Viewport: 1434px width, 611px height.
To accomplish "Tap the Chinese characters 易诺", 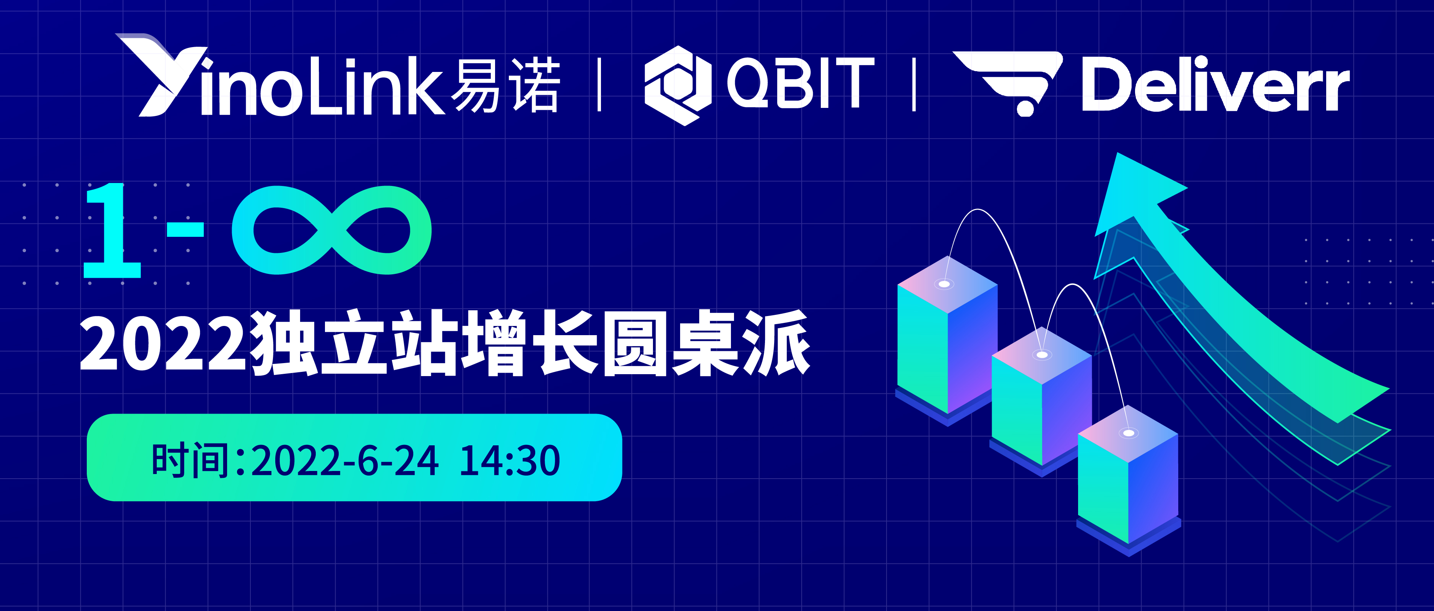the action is [505, 85].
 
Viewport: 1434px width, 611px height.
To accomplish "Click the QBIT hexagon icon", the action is [677, 85].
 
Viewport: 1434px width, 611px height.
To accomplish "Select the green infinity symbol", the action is [332, 230].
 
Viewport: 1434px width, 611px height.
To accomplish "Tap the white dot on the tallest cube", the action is [944, 284].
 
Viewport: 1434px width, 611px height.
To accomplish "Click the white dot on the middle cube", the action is [1042, 355].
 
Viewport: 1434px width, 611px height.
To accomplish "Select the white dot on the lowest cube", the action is [1129, 433].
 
